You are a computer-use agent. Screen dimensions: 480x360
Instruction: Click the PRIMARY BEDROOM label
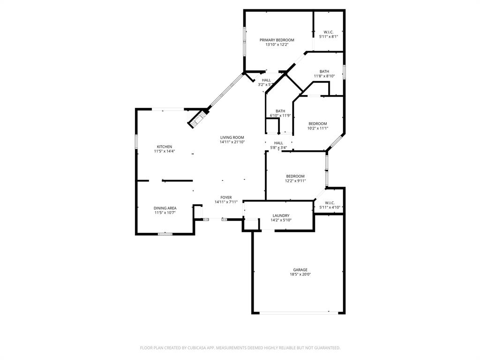click(277, 40)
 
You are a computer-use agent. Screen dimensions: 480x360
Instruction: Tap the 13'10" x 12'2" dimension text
click(277, 45)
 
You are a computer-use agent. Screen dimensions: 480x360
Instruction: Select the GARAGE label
click(300, 270)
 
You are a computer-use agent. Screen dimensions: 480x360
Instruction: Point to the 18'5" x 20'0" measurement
click(300, 275)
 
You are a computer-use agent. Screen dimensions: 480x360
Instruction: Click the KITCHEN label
click(164, 147)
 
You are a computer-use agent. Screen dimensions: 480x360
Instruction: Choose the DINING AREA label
click(165, 208)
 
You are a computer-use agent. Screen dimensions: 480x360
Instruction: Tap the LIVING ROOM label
click(232, 137)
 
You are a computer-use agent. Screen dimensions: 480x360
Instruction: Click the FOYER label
click(226, 197)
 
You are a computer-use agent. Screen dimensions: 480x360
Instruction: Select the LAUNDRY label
click(281, 216)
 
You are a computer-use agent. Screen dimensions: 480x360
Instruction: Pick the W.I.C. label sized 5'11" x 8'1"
click(329, 32)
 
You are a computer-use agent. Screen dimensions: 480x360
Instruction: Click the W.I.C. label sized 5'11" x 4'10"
click(330, 202)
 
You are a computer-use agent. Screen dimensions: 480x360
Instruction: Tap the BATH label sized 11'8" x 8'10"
click(324, 71)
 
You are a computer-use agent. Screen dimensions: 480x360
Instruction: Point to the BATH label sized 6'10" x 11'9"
click(280, 111)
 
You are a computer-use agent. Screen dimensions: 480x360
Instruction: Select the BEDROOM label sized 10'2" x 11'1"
click(318, 123)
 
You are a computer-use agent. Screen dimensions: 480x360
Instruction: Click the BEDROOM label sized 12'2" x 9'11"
click(295, 176)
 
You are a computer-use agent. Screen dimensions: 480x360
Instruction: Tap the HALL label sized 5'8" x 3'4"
click(278, 143)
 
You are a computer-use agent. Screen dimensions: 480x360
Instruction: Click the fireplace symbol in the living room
click(197, 119)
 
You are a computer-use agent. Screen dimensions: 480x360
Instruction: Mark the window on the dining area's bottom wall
click(165, 233)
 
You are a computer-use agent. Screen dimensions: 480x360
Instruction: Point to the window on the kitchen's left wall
click(136, 142)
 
